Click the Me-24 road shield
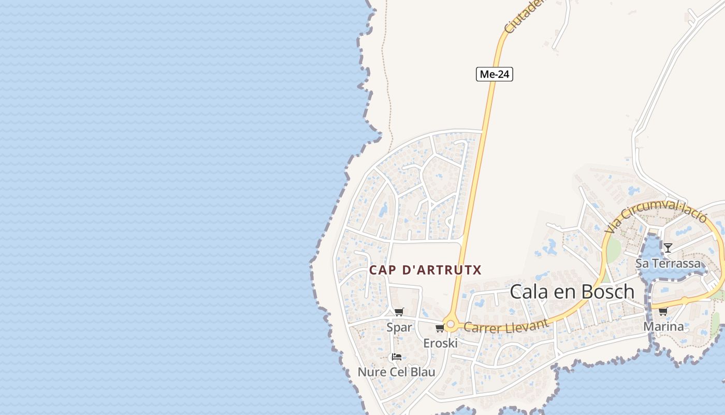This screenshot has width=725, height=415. tap(495, 74)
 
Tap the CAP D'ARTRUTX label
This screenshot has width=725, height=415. tap(425, 270)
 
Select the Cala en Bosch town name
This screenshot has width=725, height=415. tap(572, 292)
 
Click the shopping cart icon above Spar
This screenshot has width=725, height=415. tap(399, 312)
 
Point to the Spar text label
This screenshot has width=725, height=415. tap(399, 327)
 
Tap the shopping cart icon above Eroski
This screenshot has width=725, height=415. tap(440, 328)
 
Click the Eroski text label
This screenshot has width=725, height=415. tap(440, 343)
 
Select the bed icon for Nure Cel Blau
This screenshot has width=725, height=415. tap(397, 357)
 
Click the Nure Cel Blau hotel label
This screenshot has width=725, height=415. tap(397, 372)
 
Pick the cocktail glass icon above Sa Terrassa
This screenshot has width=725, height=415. tap(668, 248)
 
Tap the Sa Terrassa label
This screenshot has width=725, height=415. tap(668, 263)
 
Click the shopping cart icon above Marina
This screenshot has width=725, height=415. tap(663, 311)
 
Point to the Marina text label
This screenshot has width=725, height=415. tap(663, 326)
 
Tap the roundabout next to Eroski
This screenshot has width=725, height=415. tap(451, 325)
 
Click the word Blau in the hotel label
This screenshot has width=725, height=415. tap(423, 372)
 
